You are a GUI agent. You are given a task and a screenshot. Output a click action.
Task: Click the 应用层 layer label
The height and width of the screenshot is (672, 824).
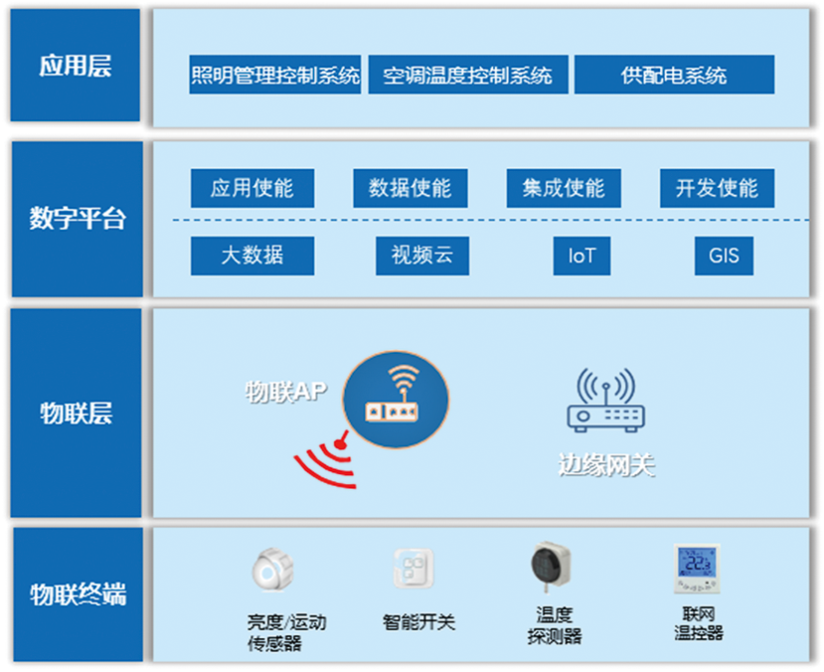76,66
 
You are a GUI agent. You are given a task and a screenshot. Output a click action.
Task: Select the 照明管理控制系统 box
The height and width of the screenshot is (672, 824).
275,75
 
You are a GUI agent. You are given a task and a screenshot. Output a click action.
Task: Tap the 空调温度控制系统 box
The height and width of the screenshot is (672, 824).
468,75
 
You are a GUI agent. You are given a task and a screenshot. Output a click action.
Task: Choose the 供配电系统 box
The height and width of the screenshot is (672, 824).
674,75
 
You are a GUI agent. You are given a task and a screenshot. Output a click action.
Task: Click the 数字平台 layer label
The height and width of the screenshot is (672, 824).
78,219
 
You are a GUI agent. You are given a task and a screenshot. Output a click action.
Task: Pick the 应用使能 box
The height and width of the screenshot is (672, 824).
252,188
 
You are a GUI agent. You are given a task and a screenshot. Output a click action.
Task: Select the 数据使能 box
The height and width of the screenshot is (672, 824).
411,188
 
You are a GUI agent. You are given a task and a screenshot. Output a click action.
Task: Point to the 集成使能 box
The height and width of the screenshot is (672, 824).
564,188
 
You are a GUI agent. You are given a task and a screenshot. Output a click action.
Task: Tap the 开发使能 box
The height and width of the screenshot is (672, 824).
718,188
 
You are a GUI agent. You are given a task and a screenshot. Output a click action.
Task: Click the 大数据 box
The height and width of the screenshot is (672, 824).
252,255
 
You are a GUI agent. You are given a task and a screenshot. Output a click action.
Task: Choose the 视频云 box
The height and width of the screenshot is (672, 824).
422,255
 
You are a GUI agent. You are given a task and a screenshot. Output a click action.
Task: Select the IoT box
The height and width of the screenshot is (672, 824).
581,255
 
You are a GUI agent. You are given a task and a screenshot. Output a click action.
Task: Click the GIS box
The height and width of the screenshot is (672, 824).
724,255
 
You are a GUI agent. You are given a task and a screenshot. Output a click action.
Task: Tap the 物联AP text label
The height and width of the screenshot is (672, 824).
286,392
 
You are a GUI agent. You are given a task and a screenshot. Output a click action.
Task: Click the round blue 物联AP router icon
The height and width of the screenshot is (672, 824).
396,400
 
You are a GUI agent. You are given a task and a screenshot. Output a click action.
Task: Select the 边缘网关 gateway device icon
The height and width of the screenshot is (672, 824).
606,401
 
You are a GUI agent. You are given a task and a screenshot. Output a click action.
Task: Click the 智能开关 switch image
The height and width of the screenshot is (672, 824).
414,569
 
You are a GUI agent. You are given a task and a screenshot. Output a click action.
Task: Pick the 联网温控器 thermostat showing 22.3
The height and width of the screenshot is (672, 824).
697,569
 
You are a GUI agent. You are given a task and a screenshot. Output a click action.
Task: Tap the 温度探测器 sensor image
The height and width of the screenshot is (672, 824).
551,567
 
